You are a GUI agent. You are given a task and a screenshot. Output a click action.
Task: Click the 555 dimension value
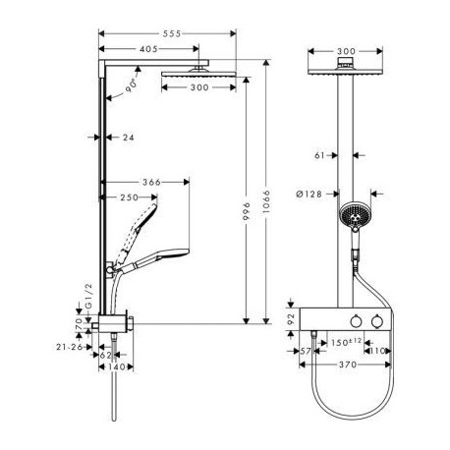[172, 33]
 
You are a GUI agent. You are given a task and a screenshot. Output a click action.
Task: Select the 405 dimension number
[148, 49]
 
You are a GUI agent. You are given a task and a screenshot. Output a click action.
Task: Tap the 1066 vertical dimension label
[266, 201]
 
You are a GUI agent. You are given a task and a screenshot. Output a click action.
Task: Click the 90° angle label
[131, 86]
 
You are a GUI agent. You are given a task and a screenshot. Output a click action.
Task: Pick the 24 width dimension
[129, 138]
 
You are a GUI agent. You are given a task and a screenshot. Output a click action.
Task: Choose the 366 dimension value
[151, 182]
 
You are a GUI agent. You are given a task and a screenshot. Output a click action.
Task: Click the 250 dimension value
[129, 197]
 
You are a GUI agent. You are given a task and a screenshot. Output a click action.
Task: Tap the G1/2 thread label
[88, 296]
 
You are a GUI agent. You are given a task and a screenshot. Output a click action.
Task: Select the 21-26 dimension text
[70, 347]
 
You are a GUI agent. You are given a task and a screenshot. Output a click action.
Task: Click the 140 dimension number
[117, 367]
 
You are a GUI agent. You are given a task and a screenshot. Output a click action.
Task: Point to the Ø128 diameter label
[309, 194]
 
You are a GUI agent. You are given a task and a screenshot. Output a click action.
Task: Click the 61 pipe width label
[319, 155]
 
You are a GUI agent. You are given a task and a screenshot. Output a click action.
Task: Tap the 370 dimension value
[348, 365]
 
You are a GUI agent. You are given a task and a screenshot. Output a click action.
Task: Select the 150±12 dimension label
[346, 342]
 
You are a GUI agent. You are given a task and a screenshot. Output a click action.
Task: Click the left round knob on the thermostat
[356, 321]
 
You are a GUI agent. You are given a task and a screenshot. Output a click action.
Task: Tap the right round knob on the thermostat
[377, 321]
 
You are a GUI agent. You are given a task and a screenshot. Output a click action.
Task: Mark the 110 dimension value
[377, 351]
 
